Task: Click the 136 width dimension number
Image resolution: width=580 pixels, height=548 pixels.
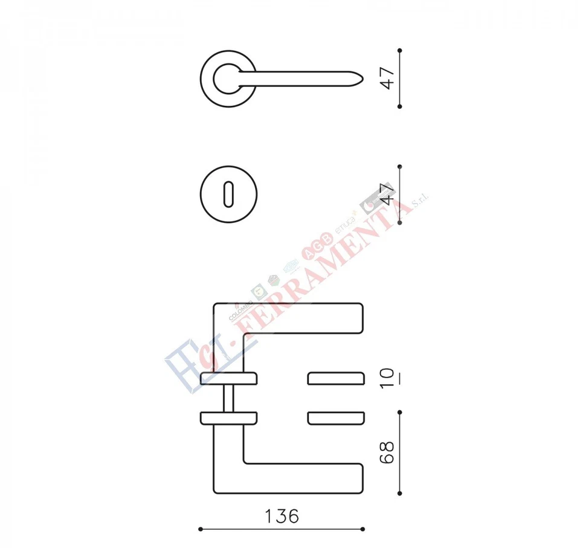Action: click(x=282, y=517)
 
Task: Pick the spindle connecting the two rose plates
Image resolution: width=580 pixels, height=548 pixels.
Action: click(x=228, y=396)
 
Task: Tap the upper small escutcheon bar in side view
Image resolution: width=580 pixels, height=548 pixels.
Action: click(x=335, y=379)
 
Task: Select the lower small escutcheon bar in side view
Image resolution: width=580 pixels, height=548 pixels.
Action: click(x=335, y=417)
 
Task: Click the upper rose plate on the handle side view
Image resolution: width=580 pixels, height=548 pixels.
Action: click(x=228, y=379)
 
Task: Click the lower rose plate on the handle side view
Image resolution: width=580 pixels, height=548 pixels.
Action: click(x=228, y=417)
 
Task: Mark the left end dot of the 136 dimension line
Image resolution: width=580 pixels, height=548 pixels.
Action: click(x=201, y=529)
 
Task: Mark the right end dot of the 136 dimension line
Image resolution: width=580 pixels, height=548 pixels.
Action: click(x=364, y=529)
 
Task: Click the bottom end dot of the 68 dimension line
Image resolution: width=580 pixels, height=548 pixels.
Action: click(x=400, y=494)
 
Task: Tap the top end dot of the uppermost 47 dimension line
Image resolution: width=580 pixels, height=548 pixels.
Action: click(x=400, y=50)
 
